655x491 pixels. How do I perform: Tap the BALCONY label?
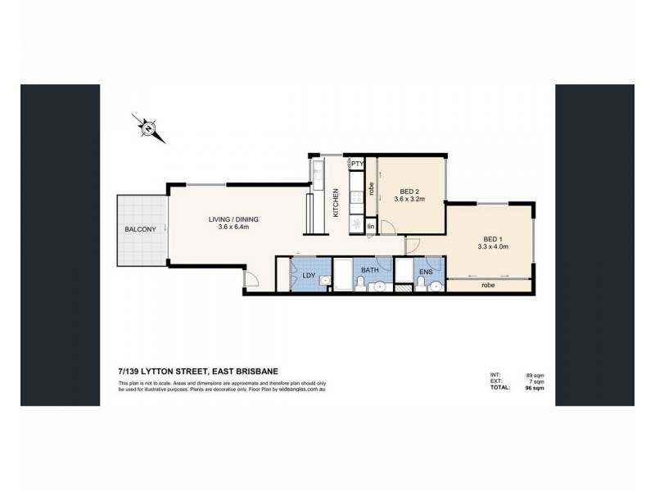tap(140, 229)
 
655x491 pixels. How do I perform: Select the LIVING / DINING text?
tap(212, 218)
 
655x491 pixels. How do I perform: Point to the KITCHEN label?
tap(336, 202)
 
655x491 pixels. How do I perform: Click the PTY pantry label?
tap(357, 164)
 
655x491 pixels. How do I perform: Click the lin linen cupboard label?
tap(371, 225)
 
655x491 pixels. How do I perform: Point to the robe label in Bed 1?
tap(488, 286)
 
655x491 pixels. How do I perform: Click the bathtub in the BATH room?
tap(342, 274)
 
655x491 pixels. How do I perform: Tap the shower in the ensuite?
tap(403, 274)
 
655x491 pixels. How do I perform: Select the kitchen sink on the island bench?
tap(318, 173)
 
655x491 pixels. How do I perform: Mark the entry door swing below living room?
tap(251, 280)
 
